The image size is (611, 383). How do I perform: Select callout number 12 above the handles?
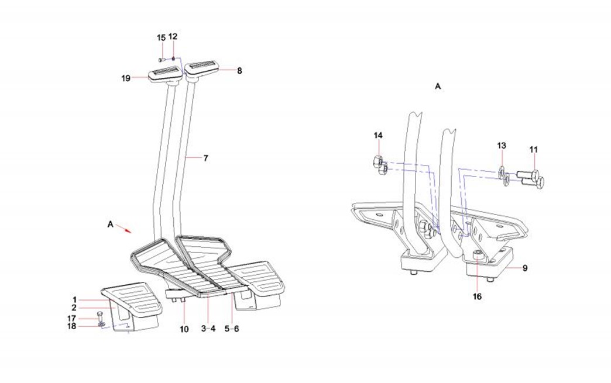[x=173, y=37]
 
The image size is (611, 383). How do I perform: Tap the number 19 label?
[x=126, y=77]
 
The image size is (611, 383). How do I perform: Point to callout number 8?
[x=239, y=71]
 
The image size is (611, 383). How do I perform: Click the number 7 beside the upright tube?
[x=206, y=158]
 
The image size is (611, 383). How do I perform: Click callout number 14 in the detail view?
[x=378, y=136]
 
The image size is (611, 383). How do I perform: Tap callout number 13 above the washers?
[x=502, y=145]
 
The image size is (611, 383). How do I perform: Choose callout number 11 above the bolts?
[x=533, y=150]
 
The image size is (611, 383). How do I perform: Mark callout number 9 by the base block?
[x=525, y=268]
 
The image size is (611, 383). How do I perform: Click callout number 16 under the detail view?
[x=477, y=296]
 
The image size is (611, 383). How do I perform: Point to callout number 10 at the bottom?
[x=184, y=329]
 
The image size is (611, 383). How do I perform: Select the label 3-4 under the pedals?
[x=209, y=329]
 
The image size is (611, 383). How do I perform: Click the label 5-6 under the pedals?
[x=233, y=329]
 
